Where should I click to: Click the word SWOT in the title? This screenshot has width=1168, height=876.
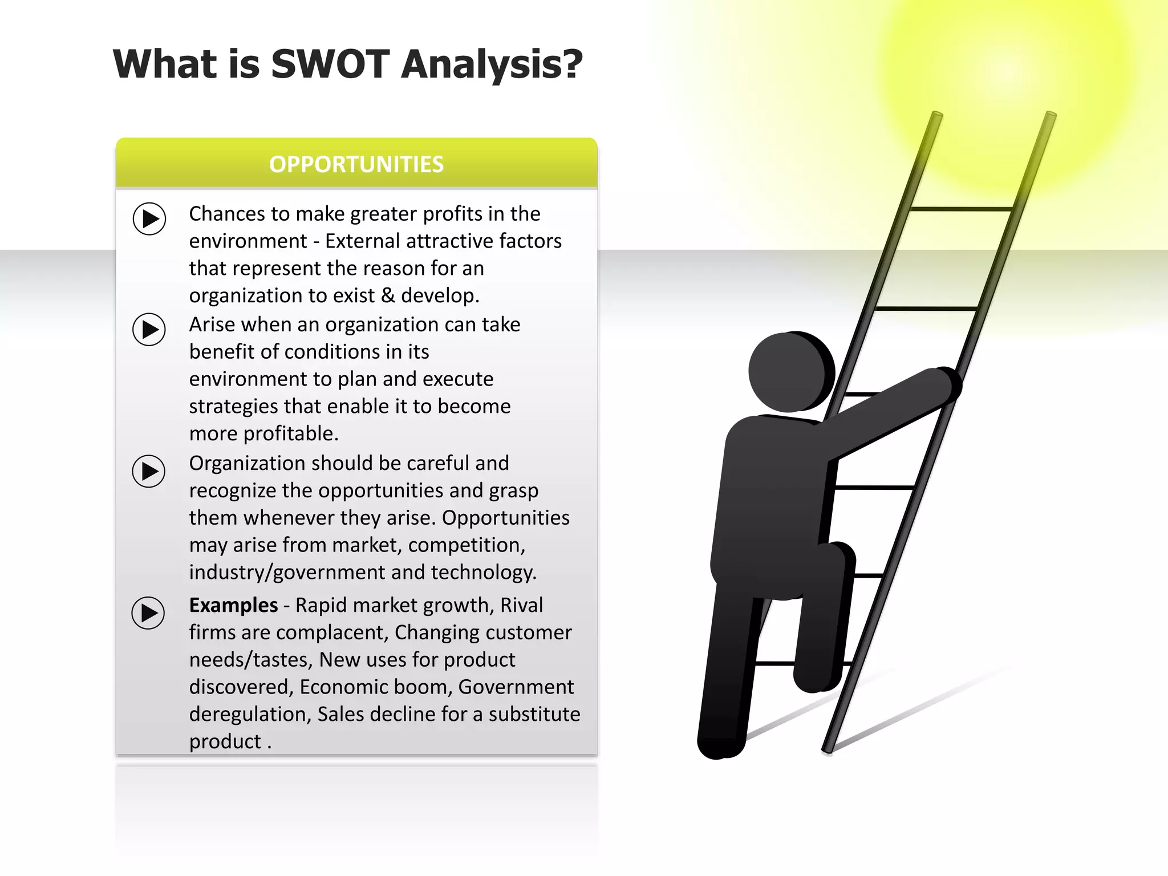click(330, 64)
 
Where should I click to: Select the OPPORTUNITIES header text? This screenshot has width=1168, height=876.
click(356, 164)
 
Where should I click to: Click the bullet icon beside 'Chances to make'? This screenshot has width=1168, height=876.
click(149, 218)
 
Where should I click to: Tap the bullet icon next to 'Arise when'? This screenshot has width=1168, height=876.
click(149, 329)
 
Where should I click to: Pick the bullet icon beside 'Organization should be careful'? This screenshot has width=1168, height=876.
click(149, 471)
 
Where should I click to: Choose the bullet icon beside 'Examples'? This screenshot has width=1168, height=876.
click(148, 613)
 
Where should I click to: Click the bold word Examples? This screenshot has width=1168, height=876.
click(233, 605)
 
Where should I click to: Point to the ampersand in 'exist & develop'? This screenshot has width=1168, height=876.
click(388, 295)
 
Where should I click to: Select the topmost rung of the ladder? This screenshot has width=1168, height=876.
click(962, 209)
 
